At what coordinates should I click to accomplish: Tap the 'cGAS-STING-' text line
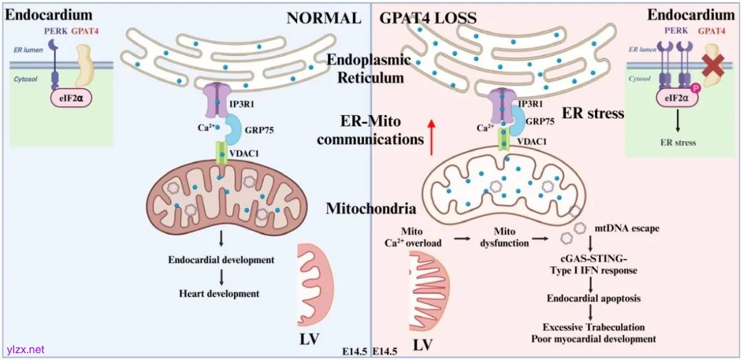(x=591, y=259)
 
